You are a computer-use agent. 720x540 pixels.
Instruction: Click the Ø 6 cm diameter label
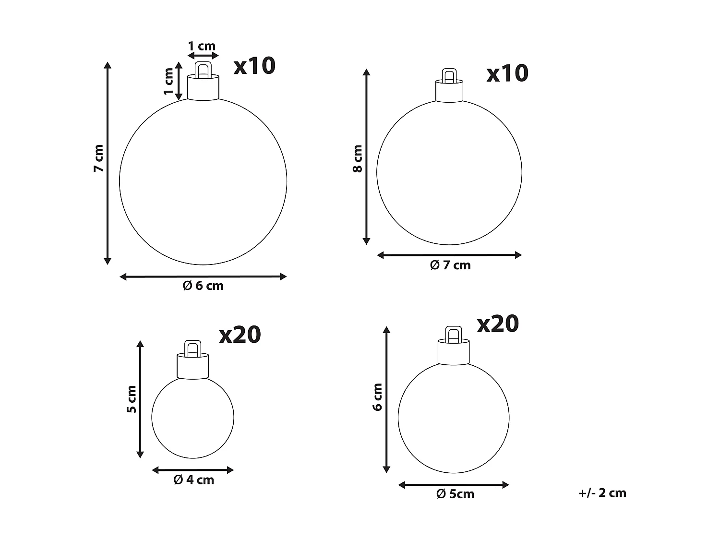(x=203, y=286)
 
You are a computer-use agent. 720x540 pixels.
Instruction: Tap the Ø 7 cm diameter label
(x=450, y=265)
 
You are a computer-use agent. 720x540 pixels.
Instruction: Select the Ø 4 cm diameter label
(x=193, y=480)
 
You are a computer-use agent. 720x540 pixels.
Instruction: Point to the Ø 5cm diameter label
(x=455, y=494)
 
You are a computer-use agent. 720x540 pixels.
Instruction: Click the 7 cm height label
(x=98, y=158)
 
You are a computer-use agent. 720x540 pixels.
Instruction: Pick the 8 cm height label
(x=357, y=159)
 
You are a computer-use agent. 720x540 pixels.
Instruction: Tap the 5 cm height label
(x=132, y=399)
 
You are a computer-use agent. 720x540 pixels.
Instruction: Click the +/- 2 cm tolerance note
(x=602, y=493)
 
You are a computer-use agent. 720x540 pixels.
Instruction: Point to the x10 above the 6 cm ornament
(x=254, y=66)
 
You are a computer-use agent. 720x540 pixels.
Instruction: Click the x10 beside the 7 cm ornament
(x=507, y=73)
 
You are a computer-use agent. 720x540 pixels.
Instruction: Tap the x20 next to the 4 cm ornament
(x=240, y=335)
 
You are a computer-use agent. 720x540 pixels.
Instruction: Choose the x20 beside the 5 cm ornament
(x=498, y=324)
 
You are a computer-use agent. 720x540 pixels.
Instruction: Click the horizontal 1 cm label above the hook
(x=202, y=47)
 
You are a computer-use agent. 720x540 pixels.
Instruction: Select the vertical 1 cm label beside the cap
(x=168, y=81)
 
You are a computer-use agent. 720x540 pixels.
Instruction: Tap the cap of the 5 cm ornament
(x=454, y=352)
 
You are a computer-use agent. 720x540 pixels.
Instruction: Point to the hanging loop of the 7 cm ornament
(x=449, y=76)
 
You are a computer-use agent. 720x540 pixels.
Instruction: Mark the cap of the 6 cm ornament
(x=203, y=87)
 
